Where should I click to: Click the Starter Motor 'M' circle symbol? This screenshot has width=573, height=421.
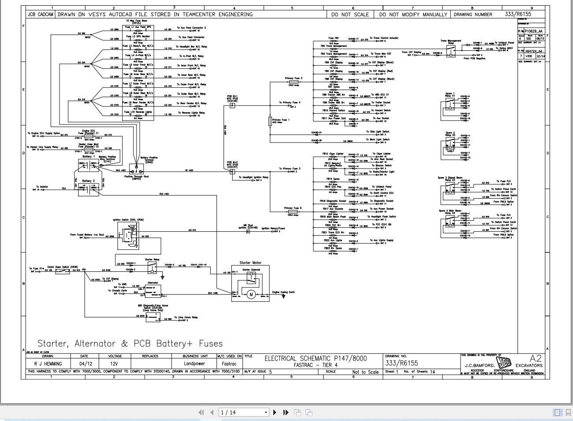(x=250, y=294)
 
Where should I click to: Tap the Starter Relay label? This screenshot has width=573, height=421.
(x=152, y=259)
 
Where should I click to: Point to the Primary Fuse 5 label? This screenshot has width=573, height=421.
(x=294, y=79)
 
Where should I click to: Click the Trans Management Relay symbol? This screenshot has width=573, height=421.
(x=450, y=52)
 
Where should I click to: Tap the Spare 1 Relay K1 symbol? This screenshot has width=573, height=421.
(x=450, y=105)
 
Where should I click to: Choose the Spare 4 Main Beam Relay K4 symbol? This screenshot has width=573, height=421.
(x=450, y=224)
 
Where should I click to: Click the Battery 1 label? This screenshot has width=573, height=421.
(x=88, y=157)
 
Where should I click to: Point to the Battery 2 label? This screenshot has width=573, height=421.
(x=88, y=181)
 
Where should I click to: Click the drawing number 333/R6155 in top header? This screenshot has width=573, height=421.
(x=518, y=14)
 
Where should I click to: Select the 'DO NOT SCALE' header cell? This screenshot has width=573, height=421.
(x=350, y=14)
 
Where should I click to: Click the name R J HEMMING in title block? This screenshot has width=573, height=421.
(x=48, y=364)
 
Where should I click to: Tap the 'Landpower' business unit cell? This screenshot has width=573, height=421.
(x=194, y=364)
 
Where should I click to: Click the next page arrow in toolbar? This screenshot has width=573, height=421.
(x=275, y=412)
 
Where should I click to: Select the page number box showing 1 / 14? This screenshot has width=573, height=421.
(x=244, y=412)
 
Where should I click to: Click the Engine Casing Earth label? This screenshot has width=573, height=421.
(x=283, y=292)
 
